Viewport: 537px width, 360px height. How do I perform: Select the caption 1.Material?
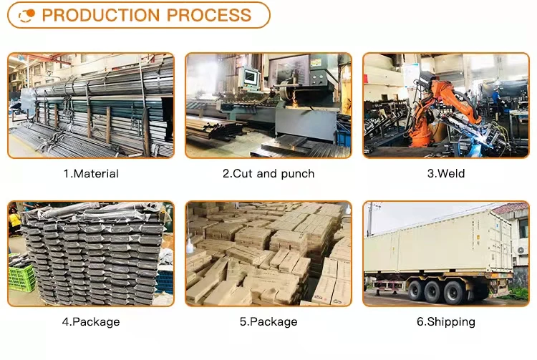[x=91, y=173]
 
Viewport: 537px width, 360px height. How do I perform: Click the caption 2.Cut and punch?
[x=268, y=173]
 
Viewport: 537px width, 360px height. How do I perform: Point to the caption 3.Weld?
[x=445, y=173]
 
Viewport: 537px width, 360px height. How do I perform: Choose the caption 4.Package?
[x=91, y=321]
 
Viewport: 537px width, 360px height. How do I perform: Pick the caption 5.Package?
[x=268, y=321]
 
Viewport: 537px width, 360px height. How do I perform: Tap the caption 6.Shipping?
[x=445, y=321]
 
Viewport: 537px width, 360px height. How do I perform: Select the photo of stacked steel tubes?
[x=91, y=105]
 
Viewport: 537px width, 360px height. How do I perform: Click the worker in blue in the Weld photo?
[x=495, y=97]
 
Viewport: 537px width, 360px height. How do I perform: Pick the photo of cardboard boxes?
[x=268, y=253]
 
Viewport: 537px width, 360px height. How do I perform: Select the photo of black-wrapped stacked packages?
[x=91, y=253]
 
